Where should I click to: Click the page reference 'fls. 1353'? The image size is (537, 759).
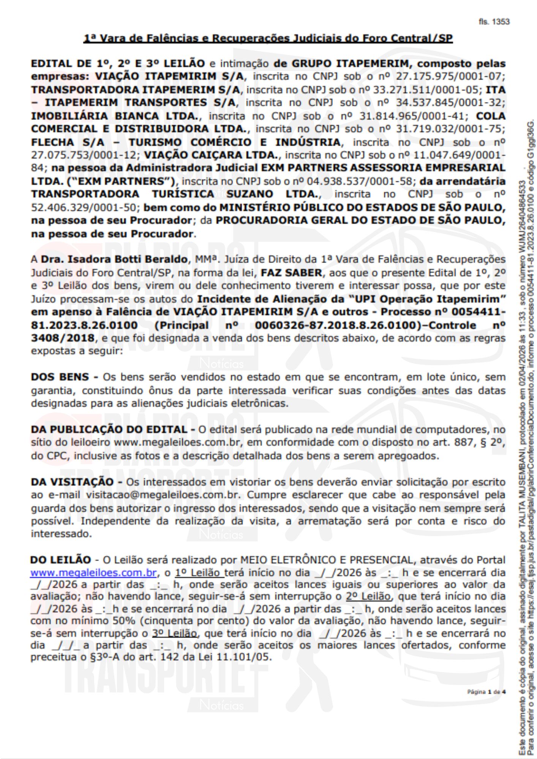(494, 22)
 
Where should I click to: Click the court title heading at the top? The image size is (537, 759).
(268, 38)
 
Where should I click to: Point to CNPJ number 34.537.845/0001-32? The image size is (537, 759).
(450, 103)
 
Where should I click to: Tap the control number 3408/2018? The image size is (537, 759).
(63, 338)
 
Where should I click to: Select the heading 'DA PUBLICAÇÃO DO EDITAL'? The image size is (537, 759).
(109, 430)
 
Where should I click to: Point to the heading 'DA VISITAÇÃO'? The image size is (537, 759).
(72, 482)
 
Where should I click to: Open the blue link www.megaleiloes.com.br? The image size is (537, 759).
(93, 572)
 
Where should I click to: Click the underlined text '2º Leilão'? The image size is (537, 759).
(368, 596)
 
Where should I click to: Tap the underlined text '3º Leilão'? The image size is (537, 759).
(174, 633)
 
